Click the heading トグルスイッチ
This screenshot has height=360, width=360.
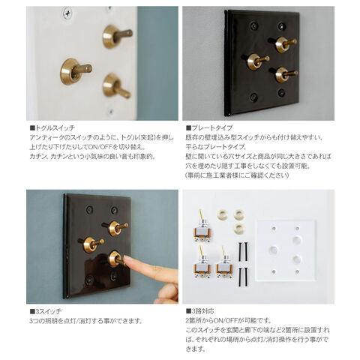coord(52,128)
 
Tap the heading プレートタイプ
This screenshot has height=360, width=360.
coord(209,128)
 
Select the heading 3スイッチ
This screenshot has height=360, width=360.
coord(46,311)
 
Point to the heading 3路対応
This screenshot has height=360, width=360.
coord(199,311)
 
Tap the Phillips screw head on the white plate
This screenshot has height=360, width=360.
coord(67,11)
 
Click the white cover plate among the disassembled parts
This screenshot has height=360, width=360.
coord(286,250)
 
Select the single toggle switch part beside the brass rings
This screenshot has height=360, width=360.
coord(202,227)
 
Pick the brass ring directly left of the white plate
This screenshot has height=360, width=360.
coord(238,228)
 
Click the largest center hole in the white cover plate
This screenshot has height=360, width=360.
coord(274,250)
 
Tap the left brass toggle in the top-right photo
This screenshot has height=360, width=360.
coord(257,61)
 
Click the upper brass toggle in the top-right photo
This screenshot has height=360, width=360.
coord(284,43)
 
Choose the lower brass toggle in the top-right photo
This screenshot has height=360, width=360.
coord(285,74)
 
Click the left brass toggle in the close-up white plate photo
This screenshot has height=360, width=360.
coord(75,71)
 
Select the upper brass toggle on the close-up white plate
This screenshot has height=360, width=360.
coord(116,36)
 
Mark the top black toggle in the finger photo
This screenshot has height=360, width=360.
coord(115,227)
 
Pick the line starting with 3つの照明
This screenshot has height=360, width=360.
coord(86,321)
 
